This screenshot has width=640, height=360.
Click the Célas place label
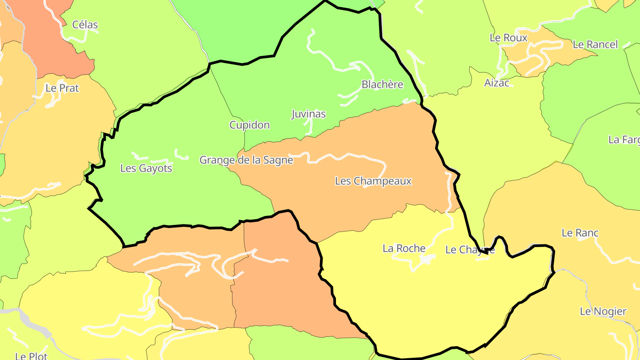(85, 25)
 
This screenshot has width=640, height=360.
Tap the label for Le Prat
(62, 88)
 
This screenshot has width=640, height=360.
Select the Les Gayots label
(146, 168)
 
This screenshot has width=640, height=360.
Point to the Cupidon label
(249, 125)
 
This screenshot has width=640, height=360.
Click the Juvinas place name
(308, 114)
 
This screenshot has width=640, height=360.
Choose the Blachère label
(382, 84)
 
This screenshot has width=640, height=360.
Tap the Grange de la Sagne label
(246, 160)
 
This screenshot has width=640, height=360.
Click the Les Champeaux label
(373, 181)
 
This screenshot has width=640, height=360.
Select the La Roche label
(404, 248)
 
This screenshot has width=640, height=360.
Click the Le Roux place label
(508, 38)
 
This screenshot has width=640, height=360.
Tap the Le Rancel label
(595, 44)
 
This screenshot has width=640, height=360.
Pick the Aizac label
(497, 83)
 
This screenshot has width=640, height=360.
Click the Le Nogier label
(603, 312)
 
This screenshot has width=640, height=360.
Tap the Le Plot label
(31, 356)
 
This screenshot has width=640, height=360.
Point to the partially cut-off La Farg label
(624, 140)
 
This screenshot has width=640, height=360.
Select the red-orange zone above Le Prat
(49, 40)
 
